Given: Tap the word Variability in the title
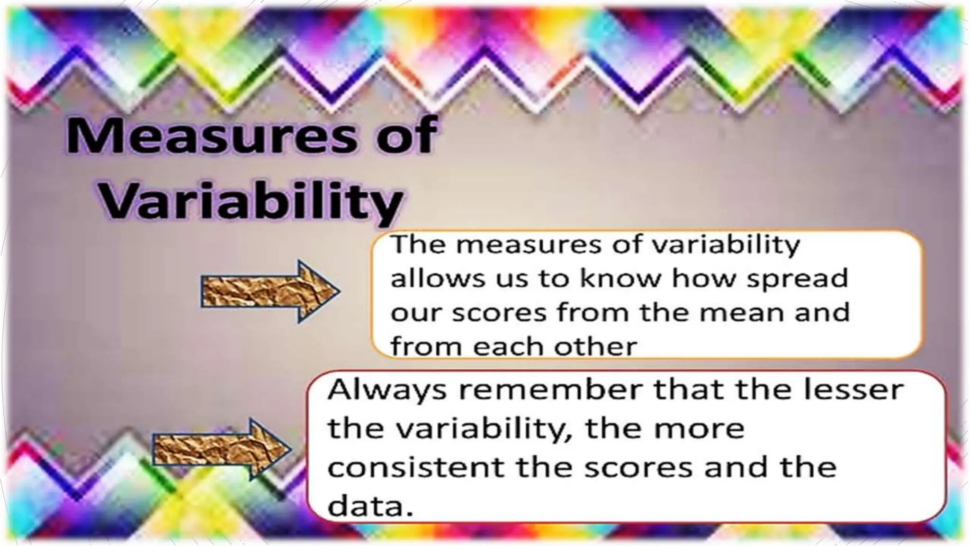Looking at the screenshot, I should tap(251, 202).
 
